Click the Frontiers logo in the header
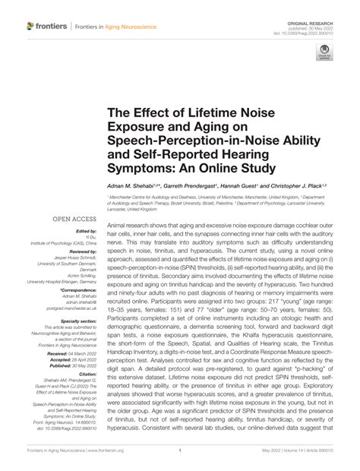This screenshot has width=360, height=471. (x=47, y=26)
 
